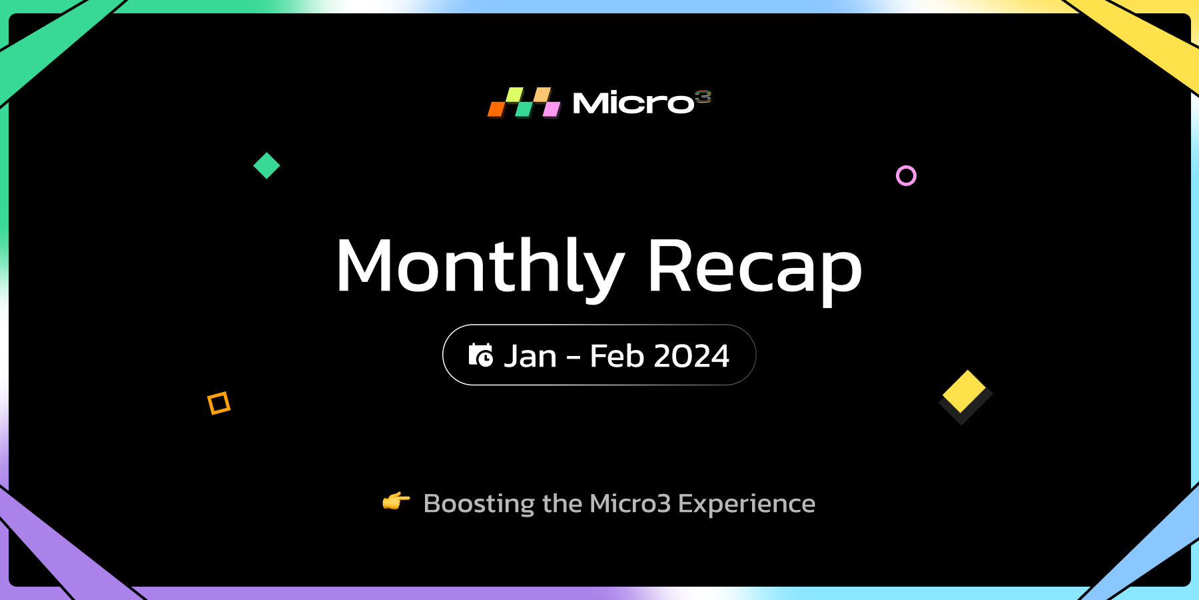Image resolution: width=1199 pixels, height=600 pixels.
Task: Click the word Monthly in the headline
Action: click(480, 267)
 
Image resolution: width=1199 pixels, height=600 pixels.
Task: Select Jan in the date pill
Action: click(530, 356)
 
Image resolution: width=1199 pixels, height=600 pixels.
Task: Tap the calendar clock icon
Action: click(481, 355)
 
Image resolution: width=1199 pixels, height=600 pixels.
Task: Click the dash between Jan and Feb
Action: click(574, 358)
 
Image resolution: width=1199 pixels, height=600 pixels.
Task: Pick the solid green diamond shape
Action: click(266, 165)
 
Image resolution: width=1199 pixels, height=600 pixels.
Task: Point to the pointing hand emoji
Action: click(396, 501)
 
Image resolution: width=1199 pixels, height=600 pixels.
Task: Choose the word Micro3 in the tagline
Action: click(630, 503)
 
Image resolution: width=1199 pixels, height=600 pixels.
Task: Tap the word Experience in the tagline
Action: click(747, 504)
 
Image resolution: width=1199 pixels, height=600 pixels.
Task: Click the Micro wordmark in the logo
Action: click(633, 103)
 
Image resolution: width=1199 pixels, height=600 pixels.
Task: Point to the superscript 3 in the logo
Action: click(703, 97)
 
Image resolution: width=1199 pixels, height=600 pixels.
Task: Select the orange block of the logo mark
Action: click(497, 109)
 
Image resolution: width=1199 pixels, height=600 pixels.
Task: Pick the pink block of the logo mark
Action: click(552, 109)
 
